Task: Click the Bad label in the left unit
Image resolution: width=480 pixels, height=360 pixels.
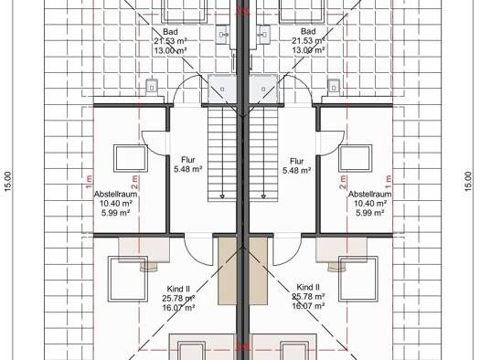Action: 170,31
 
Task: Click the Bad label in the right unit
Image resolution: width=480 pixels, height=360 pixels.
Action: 308,31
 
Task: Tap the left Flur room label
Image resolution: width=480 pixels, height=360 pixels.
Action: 188,160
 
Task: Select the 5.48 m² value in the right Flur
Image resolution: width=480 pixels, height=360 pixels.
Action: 297,170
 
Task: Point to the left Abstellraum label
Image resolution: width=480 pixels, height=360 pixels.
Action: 115,195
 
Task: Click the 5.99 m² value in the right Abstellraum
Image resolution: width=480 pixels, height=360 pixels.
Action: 369,213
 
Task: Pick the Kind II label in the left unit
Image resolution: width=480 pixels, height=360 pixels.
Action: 178,289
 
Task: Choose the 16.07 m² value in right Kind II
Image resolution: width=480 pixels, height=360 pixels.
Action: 309,306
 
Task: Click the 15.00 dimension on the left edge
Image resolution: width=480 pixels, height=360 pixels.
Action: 8,182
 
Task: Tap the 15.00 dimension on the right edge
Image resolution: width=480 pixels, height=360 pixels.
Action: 469,182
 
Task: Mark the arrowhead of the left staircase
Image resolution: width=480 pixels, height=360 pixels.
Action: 222,196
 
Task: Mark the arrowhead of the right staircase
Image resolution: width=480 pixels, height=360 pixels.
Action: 263,196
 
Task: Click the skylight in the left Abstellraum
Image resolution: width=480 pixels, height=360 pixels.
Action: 131,158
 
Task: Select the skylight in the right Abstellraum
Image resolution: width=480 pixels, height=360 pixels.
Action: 355,158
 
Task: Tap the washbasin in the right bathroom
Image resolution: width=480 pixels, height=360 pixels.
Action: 263,35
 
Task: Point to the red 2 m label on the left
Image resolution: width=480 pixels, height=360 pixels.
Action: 134,182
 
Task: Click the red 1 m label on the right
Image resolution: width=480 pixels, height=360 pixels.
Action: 389,182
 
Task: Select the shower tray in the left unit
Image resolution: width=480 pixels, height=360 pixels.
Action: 222,90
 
